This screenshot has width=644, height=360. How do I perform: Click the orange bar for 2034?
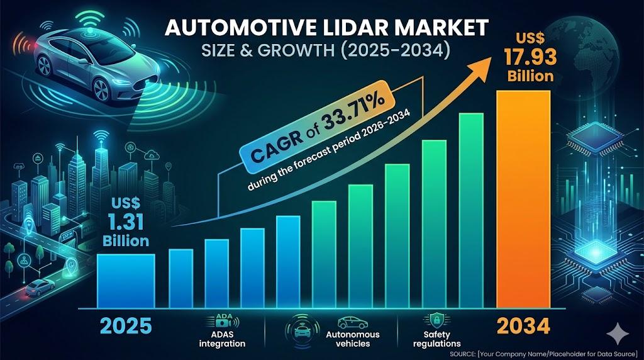pyautogui.click(x=523, y=199)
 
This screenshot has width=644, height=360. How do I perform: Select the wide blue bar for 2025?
pyautogui.click(x=126, y=281)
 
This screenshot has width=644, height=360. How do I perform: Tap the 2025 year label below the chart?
pyautogui.click(x=126, y=326)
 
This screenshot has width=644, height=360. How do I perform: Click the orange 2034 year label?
pyautogui.click(x=523, y=326)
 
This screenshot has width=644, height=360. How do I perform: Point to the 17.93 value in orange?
pyautogui.click(x=530, y=57)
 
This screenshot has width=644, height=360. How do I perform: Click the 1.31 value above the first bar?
pyautogui.click(x=125, y=222)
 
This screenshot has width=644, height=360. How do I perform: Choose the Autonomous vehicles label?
pyautogui.click(x=352, y=339)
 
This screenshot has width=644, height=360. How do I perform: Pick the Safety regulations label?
pyautogui.click(x=437, y=339)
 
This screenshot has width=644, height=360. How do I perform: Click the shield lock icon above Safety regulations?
pyautogui.click(x=436, y=320)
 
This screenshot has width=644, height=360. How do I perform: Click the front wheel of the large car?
pyautogui.click(x=100, y=89)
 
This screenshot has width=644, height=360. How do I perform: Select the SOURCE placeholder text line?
pyautogui.click(x=543, y=354)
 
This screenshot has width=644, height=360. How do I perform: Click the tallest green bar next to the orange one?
pyautogui.click(x=471, y=210)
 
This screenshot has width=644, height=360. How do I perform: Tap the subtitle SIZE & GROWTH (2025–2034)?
pyautogui.click(x=326, y=50)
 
